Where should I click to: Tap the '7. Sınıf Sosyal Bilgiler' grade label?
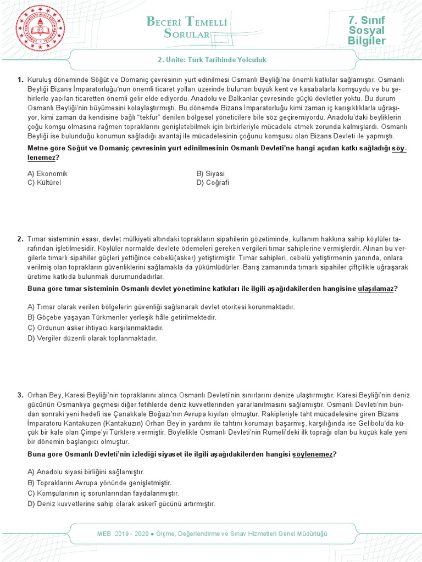(367, 31)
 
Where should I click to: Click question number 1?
(20, 80)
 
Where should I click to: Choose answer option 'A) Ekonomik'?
(47, 173)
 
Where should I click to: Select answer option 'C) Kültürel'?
(44, 182)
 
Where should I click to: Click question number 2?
(20, 239)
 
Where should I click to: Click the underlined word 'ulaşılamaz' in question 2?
(376, 289)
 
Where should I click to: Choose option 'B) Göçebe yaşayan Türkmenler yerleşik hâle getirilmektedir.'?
(121, 317)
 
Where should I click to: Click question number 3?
(20, 395)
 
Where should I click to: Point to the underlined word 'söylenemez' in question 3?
(315, 454)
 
